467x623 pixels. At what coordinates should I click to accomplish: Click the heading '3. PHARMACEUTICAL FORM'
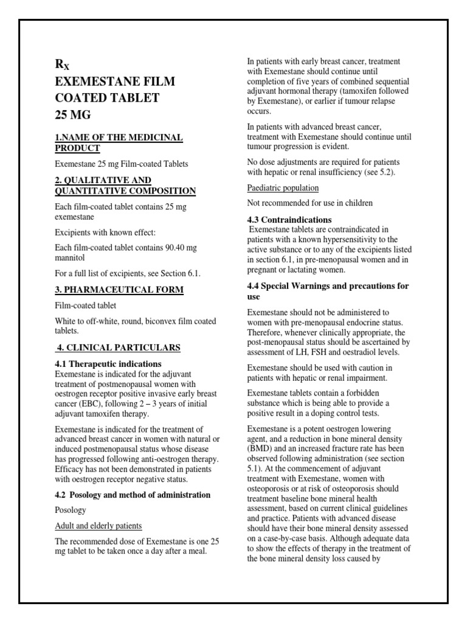(x=119, y=290)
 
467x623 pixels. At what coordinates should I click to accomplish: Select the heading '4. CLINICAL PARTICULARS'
(x=119, y=347)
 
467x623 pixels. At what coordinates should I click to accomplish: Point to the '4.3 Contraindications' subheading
(x=289, y=220)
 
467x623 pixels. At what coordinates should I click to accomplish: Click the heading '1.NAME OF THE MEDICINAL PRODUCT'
(x=118, y=142)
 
